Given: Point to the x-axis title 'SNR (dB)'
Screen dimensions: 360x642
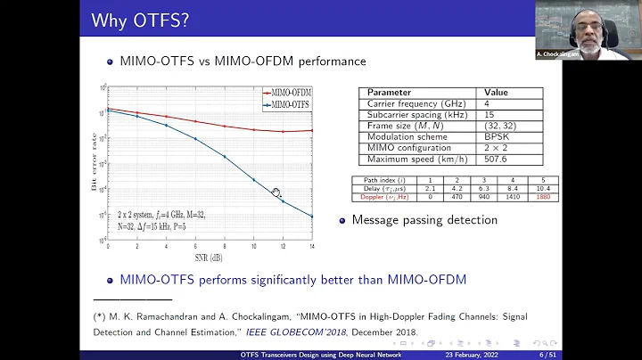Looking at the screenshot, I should click(210, 257).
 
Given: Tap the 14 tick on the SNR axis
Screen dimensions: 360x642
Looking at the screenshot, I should click(311, 247).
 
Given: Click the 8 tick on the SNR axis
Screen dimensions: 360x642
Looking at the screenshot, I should click(224, 247).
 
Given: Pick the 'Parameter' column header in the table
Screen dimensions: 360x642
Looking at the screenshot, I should click(390, 92).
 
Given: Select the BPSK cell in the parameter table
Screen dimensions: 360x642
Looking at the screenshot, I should click(496, 136).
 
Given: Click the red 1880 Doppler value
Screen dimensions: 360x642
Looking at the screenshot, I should click(544, 196).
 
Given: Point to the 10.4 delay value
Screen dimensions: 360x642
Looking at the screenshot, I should click(544, 188).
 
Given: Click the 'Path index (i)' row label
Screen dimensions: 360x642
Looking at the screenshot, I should click(378, 180).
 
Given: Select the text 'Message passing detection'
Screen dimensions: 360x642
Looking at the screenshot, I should click(424, 220).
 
